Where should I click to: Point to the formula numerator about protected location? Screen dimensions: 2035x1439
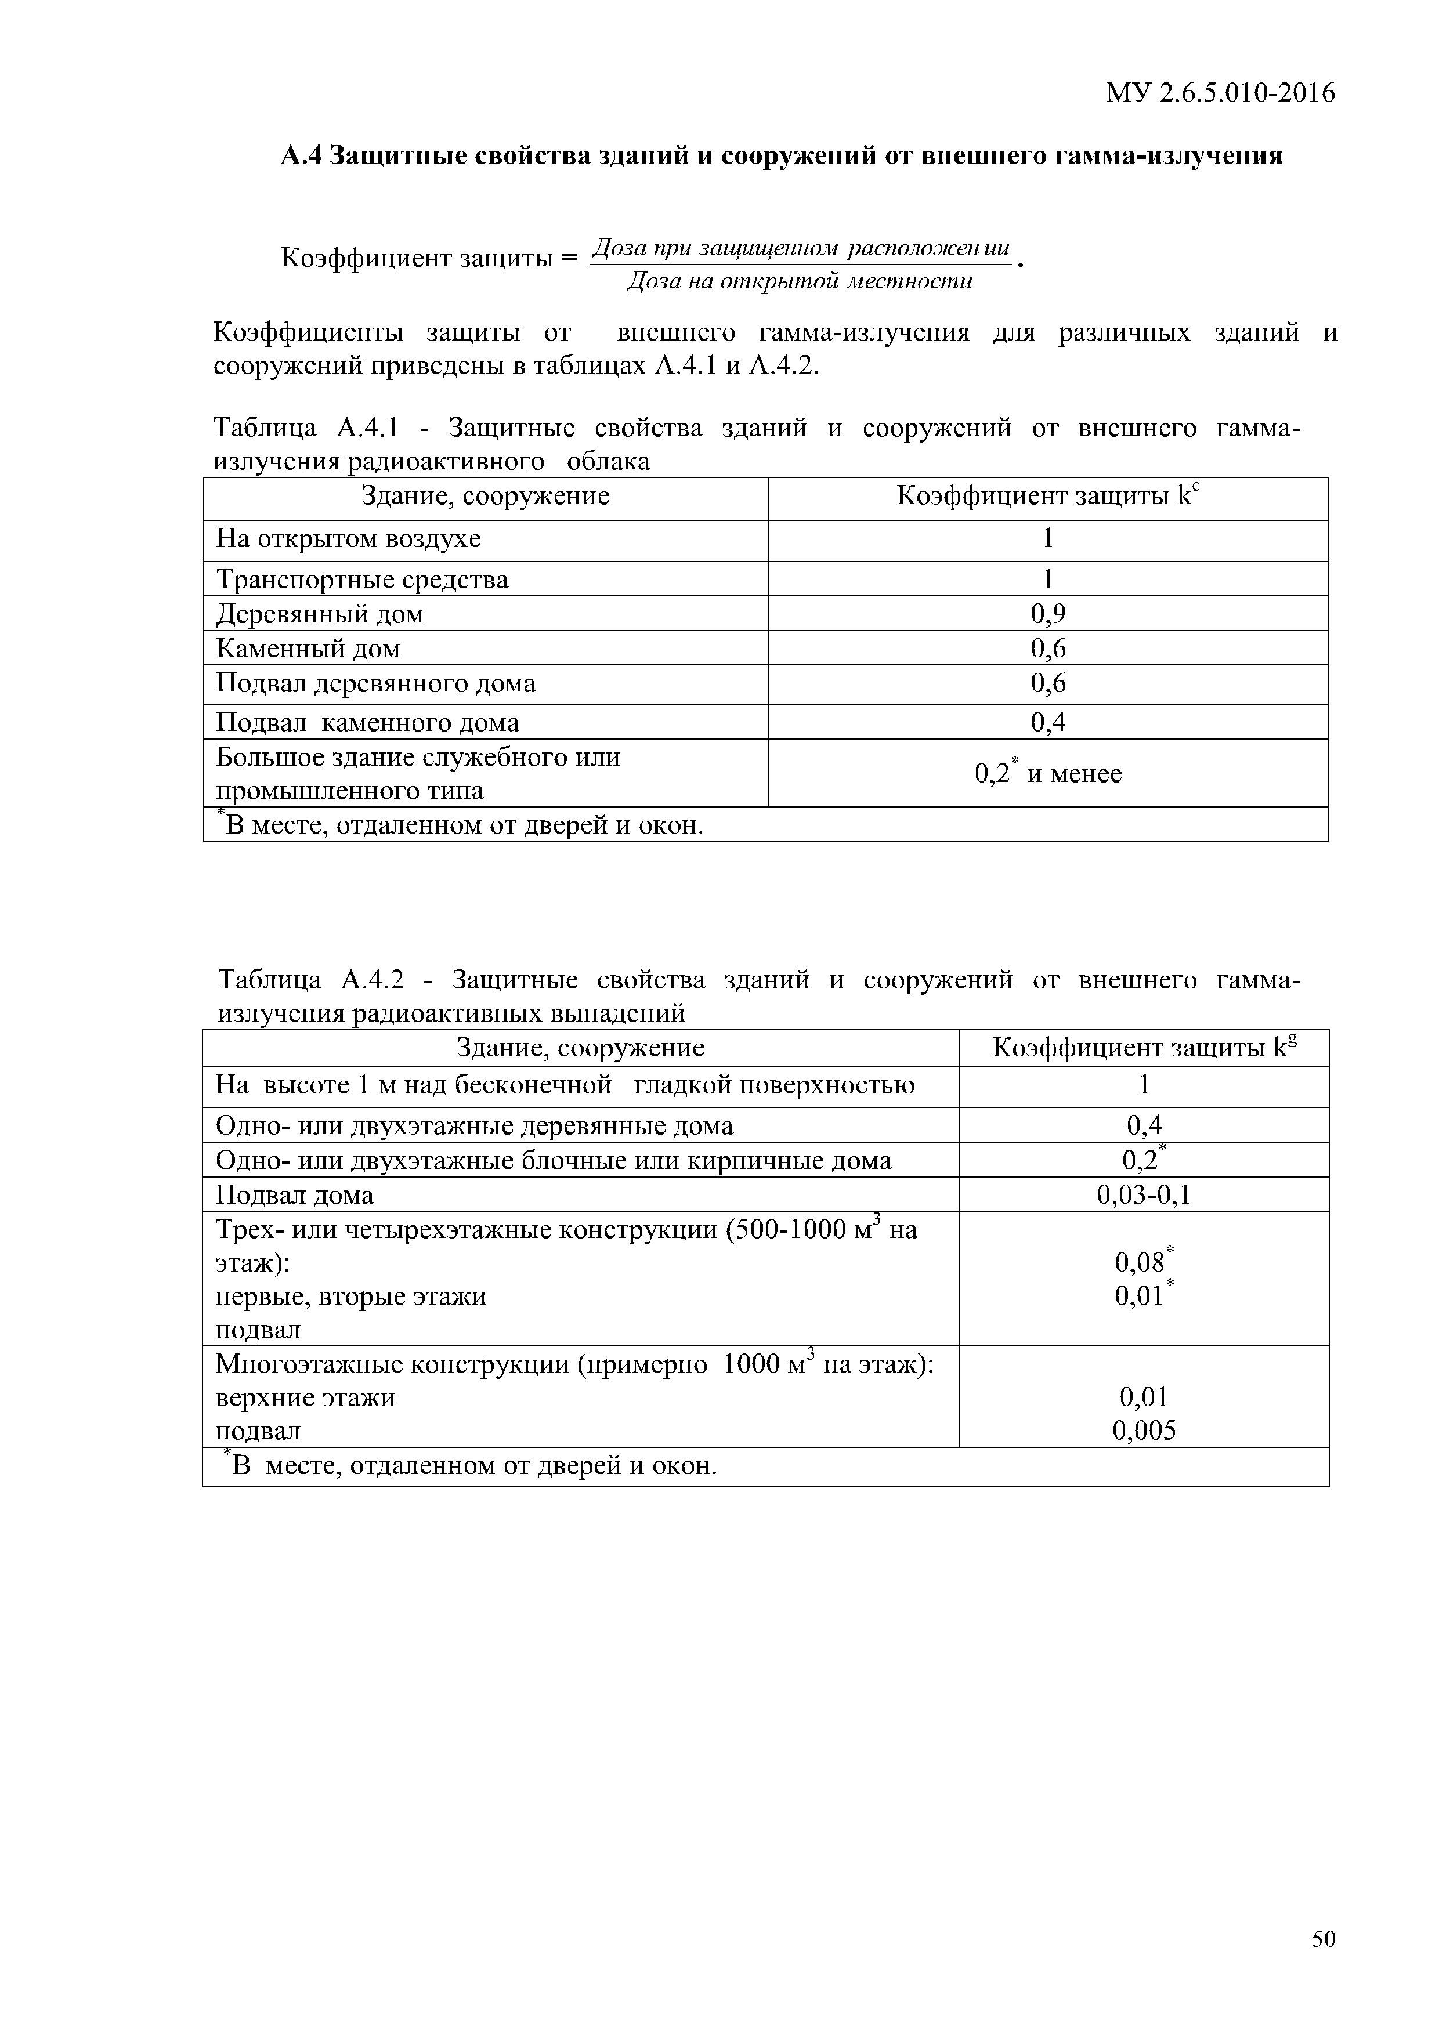(801, 248)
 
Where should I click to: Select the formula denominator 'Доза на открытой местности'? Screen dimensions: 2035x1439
(800, 282)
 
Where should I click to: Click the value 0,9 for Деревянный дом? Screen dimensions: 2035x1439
(1048, 613)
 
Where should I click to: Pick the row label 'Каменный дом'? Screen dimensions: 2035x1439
(308, 649)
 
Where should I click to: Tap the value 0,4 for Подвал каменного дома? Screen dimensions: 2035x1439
(1048, 722)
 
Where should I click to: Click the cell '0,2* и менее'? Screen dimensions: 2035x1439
(1048, 773)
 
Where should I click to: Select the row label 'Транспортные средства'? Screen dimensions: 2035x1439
(363, 580)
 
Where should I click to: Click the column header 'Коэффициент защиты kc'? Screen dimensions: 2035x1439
(1048, 495)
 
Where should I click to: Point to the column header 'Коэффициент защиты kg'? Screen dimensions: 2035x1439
(1144, 1048)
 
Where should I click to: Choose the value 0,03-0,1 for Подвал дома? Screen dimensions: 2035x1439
(1144, 1195)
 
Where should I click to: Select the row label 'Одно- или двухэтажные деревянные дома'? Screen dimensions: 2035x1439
(475, 1125)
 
